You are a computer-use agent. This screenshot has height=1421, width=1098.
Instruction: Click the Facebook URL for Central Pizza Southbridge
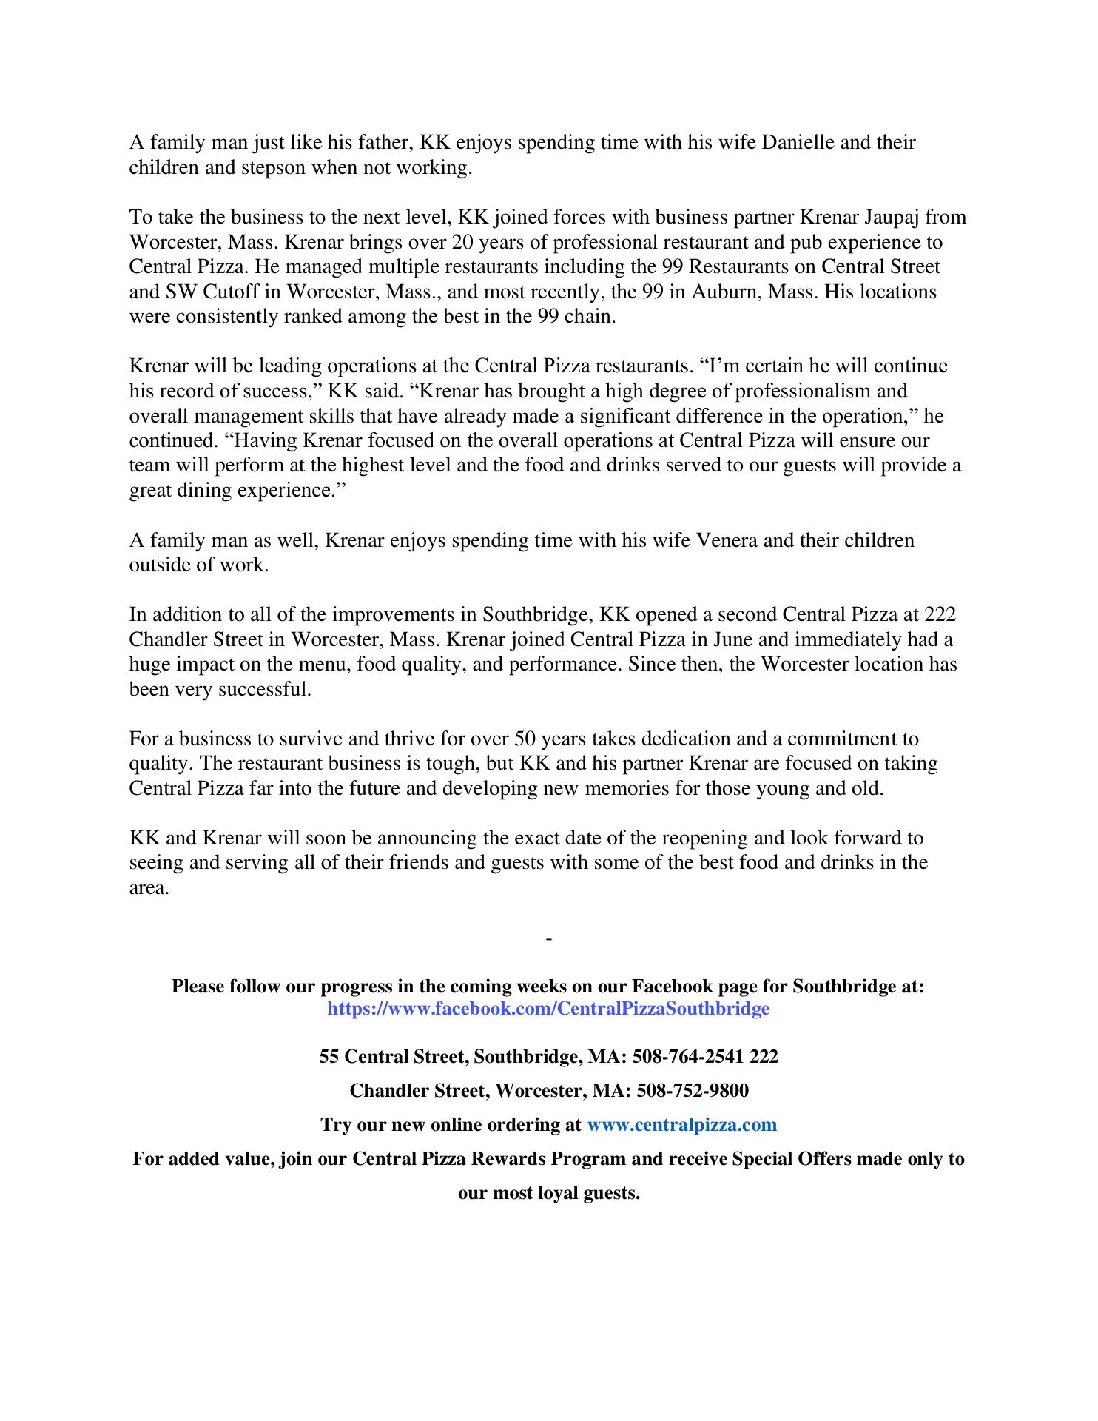click(x=548, y=1008)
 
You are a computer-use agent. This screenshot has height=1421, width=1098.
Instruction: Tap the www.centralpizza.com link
click(x=681, y=1125)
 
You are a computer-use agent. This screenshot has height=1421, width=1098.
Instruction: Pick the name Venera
click(x=727, y=540)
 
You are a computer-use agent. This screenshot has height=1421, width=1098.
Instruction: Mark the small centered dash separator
click(x=549, y=939)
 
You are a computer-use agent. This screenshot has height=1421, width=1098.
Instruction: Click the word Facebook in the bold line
click(x=670, y=987)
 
